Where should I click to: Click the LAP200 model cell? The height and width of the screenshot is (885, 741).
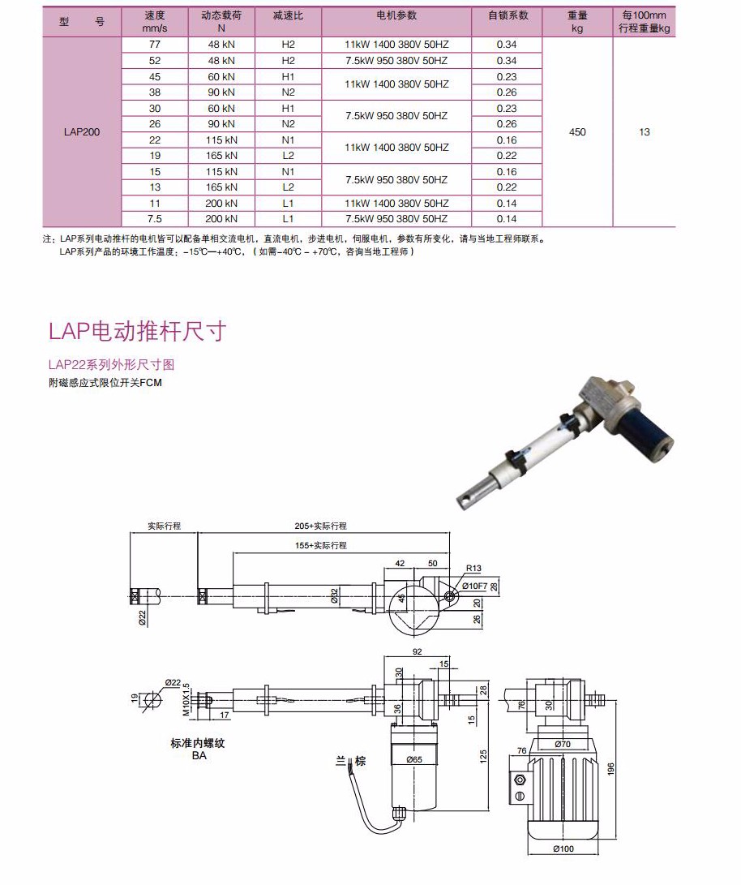click(81, 132)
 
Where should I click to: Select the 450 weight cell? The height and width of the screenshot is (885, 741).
click(577, 132)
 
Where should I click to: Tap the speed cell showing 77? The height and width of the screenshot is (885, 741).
click(154, 45)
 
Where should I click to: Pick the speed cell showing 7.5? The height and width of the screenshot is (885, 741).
click(154, 219)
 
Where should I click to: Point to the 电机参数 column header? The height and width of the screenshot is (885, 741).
click(396, 16)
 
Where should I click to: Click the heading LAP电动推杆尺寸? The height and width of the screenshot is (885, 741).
click(137, 331)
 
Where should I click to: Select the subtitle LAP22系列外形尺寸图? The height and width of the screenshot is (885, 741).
click(111, 365)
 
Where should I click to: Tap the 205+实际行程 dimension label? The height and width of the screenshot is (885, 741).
click(322, 526)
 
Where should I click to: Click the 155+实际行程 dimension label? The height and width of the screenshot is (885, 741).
click(320, 546)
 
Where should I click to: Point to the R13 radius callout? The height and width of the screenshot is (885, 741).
click(474, 569)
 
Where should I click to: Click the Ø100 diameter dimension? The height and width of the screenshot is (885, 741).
click(563, 849)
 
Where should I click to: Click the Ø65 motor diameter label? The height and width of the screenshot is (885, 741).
click(414, 760)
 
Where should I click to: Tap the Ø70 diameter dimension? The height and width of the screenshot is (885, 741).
click(563, 743)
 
